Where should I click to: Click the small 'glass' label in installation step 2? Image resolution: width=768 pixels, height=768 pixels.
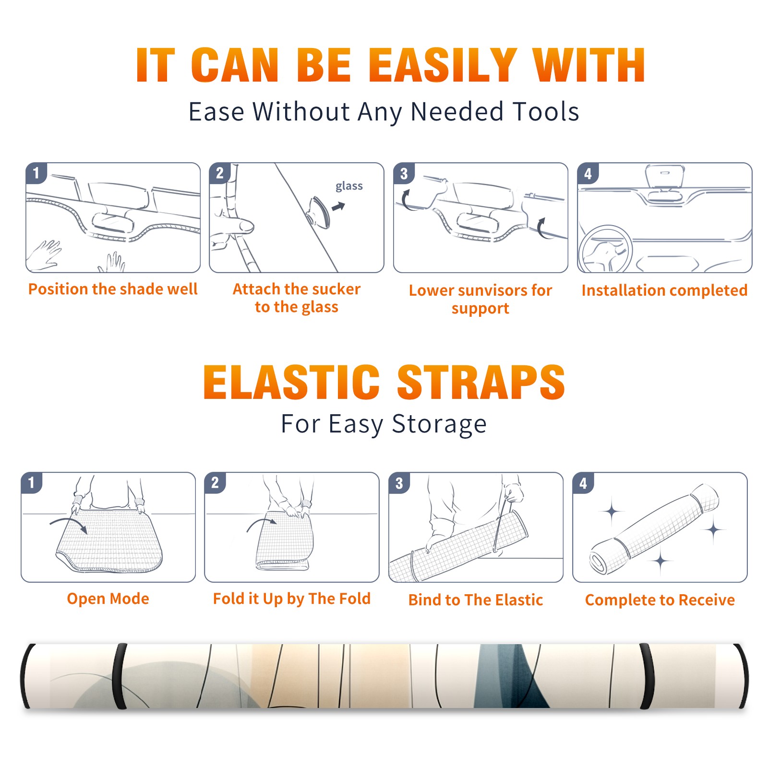(x=349, y=186)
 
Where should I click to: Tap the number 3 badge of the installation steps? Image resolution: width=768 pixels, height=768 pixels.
(x=404, y=173)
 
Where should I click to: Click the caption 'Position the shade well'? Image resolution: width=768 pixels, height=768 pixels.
(x=113, y=289)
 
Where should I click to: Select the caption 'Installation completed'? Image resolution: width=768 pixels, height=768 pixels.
(x=664, y=290)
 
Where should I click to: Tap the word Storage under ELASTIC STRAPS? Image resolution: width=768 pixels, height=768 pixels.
(x=439, y=424)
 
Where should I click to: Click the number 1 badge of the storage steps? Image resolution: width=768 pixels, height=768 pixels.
(x=32, y=482)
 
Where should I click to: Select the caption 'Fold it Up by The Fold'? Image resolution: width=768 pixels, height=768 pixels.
(x=292, y=599)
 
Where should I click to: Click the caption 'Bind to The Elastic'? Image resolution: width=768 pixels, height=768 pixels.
(x=476, y=600)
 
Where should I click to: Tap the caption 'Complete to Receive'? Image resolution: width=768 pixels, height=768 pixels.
(x=660, y=600)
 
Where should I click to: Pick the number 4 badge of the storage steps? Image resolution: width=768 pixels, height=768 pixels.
(x=583, y=482)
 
